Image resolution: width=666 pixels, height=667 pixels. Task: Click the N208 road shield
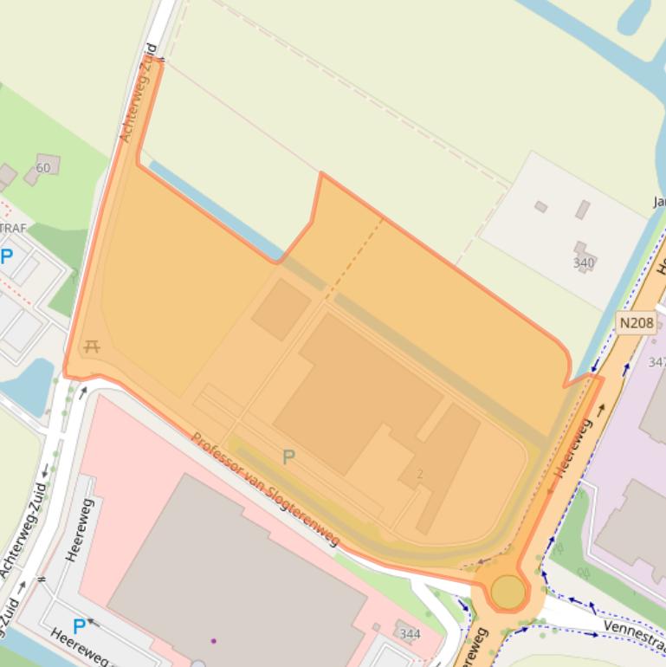(637, 323)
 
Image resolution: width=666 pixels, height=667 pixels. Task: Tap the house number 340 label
(584, 263)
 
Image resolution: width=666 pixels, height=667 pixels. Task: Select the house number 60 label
(43, 167)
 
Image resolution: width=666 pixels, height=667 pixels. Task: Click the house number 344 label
(410, 634)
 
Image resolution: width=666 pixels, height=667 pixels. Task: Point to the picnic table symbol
(92, 347)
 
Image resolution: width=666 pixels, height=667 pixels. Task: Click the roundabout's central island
(508, 593)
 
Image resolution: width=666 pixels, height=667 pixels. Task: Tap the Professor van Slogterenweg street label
(265, 489)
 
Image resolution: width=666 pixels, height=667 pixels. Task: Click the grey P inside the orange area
(288, 457)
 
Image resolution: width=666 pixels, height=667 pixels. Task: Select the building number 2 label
(420, 474)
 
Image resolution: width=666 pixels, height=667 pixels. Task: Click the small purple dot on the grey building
(213, 641)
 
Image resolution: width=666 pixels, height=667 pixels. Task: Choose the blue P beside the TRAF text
(7, 256)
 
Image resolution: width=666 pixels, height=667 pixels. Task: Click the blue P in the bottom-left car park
(79, 625)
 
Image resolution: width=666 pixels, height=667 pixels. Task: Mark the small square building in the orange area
(281, 309)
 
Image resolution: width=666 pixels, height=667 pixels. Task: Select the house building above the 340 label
(582, 210)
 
